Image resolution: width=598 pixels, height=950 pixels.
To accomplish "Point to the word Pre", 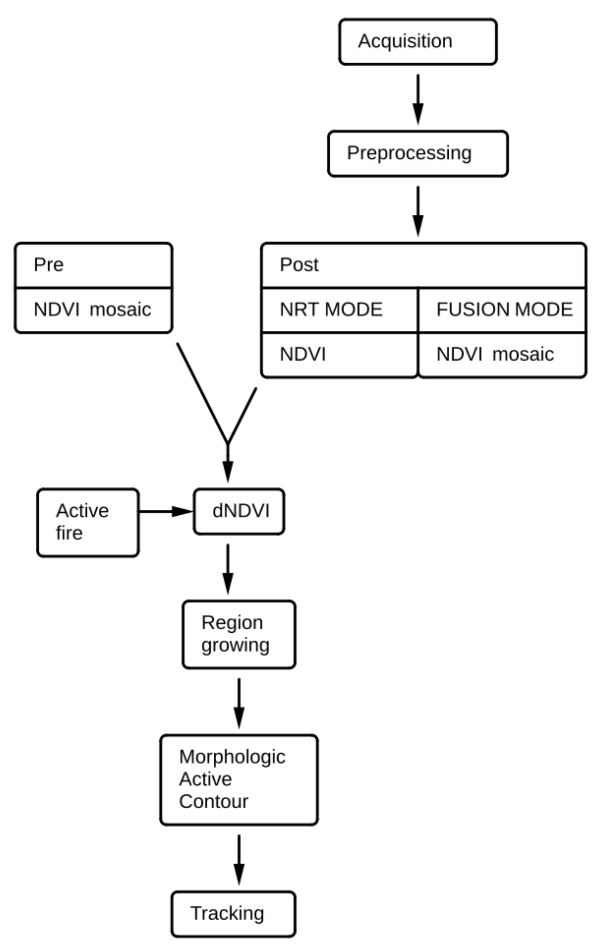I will pos(49,264).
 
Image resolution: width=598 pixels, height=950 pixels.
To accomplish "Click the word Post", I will pos(299,264).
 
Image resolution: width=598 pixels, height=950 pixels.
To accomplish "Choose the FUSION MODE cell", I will pos(502,310).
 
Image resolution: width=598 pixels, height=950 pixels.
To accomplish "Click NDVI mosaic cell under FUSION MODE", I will pos(502,355).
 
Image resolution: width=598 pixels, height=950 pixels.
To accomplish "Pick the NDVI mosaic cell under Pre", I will pos(93,310).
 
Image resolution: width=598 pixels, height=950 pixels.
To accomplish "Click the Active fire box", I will pos(88,522).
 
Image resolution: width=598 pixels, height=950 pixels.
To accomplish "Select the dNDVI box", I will pos(239,511).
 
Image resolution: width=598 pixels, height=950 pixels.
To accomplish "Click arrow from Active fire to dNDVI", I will pos(166,511).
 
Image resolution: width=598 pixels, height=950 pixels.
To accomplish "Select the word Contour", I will pos(213,801).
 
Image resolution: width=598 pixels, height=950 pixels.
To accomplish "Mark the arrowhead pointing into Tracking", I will pos(239,874).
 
